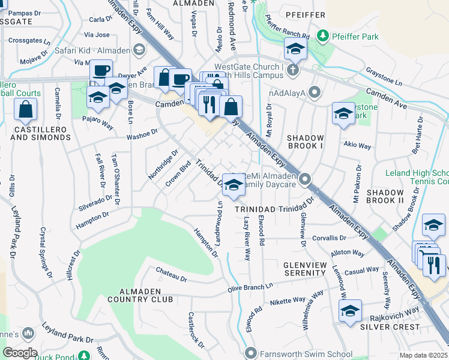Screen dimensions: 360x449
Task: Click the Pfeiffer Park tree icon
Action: pos(322,37)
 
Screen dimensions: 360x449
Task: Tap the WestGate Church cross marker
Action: pos(292,70)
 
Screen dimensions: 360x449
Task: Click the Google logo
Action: pos(20,352)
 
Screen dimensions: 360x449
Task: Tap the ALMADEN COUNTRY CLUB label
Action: pos(140,299)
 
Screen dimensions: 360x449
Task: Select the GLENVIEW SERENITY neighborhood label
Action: pos(296,269)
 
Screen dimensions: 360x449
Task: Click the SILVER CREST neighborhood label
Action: pos(390,326)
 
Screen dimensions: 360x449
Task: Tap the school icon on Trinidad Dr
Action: pos(233,185)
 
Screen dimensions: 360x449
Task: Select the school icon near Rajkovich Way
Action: pos(350,311)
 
